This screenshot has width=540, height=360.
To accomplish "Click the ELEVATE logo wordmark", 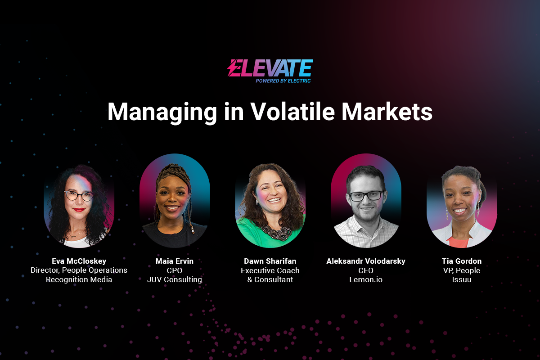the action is (x=270, y=68).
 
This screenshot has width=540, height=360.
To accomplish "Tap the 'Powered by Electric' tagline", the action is (x=283, y=81).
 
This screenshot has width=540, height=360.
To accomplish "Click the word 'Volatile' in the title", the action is (x=292, y=112).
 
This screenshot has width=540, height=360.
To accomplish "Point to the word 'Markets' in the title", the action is (x=387, y=112).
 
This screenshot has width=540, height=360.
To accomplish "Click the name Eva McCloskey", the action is (x=79, y=261).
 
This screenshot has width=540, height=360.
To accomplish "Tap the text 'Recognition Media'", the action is (x=79, y=280).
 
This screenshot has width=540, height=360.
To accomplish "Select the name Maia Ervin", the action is (x=175, y=261).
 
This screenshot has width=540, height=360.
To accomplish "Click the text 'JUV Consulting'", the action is (x=175, y=280).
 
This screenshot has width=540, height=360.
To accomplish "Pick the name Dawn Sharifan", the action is (x=270, y=261).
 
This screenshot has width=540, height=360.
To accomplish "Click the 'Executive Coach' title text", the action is (x=270, y=270).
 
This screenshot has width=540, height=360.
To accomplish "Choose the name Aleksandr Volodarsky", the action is (x=366, y=261).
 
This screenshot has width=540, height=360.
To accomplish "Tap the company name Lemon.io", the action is (x=366, y=280).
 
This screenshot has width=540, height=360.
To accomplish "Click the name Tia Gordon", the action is (x=462, y=261).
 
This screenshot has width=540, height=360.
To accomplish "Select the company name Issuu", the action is (x=462, y=280).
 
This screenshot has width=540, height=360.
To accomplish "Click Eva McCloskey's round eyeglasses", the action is (x=79, y=196).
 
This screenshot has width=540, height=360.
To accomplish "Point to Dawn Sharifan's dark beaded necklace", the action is (x=276, y=232).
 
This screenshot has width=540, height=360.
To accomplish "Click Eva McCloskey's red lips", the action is (x=79, y=210).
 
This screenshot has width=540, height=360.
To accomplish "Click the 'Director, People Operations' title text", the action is (x=79, y=270).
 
